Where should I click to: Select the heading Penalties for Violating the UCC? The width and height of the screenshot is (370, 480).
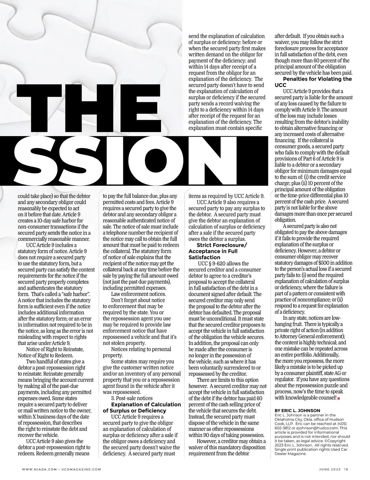(x=313, y=82)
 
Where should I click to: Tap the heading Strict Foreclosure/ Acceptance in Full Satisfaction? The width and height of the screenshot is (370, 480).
(x=217, y=251)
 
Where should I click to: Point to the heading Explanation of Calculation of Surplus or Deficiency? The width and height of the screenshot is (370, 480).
(x=142, y=407)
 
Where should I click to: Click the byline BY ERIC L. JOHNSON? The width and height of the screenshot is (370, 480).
(x=297, y=410)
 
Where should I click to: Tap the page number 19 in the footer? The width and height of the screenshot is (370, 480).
(x=346, y=469)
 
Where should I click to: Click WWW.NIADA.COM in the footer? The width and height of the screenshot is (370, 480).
(x=39, y=469)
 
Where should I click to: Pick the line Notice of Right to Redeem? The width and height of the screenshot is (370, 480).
(x=45, y=355)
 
